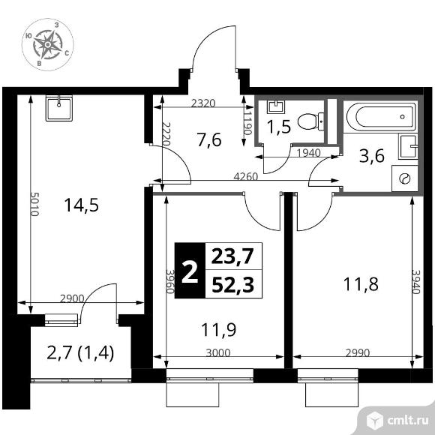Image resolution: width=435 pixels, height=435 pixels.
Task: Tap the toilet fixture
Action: pos(309,120)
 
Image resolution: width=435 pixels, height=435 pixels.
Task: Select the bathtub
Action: pos(382,116)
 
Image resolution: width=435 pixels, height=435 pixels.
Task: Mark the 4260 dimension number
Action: pos(243,178)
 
